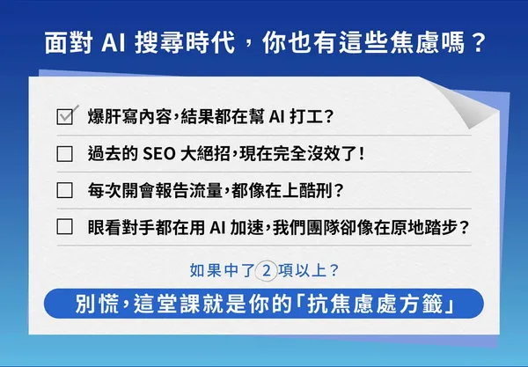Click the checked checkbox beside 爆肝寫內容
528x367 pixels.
tap(64, 116)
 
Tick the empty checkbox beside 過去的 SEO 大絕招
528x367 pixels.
tap(64, 153)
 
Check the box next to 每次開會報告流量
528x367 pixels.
tap(64, 190)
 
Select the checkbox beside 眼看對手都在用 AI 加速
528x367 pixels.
tap(64, 226)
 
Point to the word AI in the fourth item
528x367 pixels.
tap(219, 226)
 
